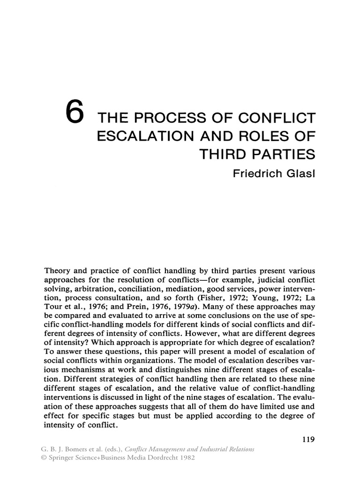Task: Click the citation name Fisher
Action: tap(202, 300)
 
